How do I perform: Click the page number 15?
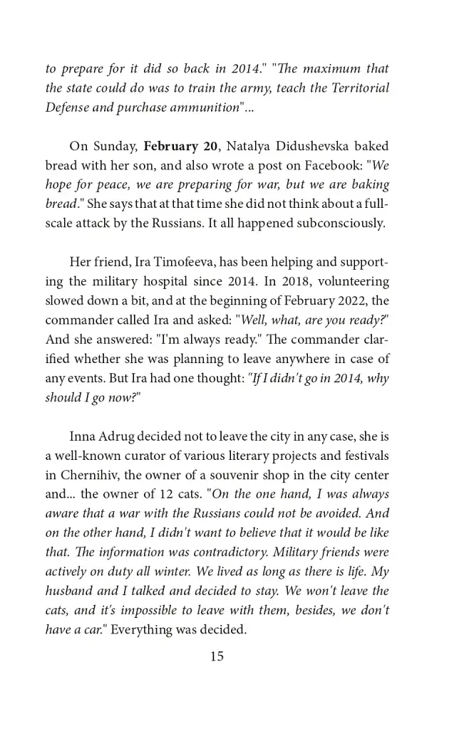[217, 656]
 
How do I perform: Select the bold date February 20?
[180, 147]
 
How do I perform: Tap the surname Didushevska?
[306, 147]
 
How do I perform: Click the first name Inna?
[83, 436]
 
